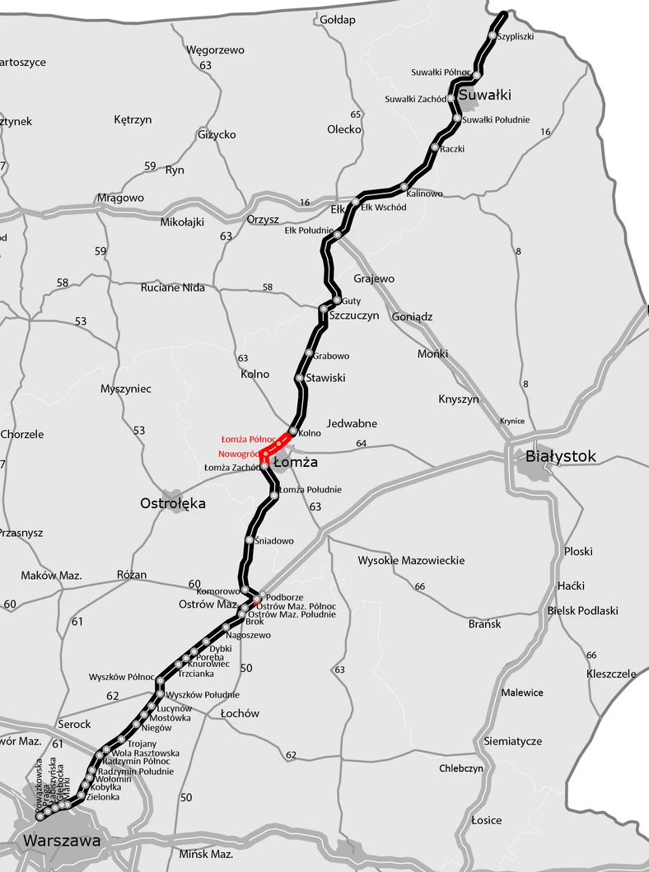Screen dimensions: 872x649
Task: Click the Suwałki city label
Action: [484, 96]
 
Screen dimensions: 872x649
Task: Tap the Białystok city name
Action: [566, 456]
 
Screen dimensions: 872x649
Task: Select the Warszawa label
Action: [63, 841]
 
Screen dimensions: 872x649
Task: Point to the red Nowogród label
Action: [239, 454]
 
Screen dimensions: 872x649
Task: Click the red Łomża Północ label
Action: [249, 440]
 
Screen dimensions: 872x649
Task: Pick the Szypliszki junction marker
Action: [492, 35]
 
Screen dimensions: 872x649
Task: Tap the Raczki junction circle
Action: [435, 148]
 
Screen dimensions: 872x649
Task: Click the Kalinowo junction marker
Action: [404, 186]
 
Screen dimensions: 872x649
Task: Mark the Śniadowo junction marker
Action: [250, 540]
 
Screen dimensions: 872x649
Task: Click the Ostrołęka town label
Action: [173, 503]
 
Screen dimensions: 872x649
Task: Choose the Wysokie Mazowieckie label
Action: [411, 561]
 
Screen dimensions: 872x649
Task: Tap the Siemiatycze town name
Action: [513, 741]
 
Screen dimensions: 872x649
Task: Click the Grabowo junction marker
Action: [309, 355]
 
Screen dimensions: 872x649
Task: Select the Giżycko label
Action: [217, 134]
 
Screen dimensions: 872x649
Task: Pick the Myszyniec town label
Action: [125, 389]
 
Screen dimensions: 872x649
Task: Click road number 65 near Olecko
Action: [356, 114]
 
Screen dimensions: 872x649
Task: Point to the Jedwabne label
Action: [352, 423]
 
